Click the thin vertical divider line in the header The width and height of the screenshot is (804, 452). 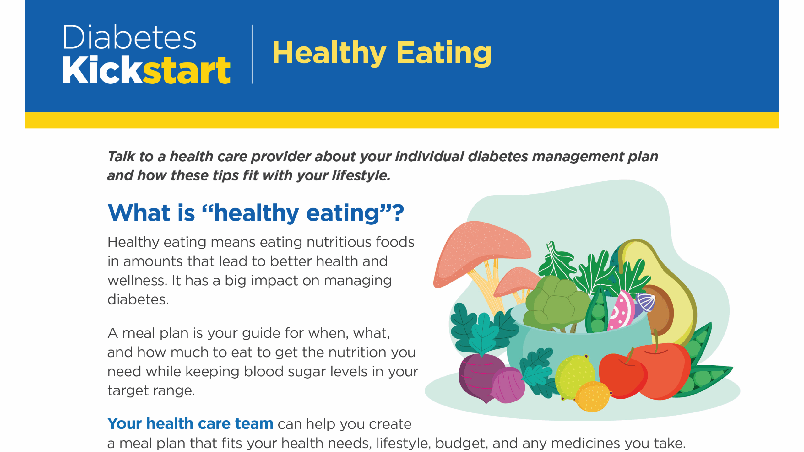252,54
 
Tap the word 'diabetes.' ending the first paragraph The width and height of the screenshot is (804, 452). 138,300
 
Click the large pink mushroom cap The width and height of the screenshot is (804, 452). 481,251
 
